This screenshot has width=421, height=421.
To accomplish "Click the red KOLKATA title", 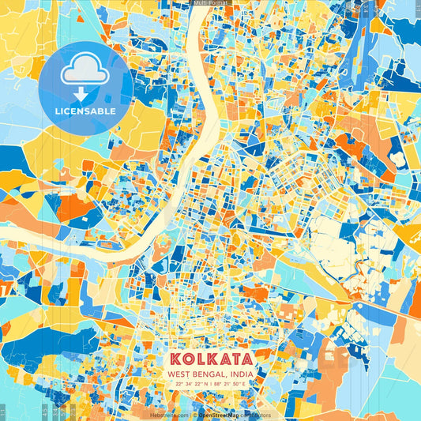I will (210, 359).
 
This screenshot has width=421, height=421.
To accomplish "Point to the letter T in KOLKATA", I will (235, 359).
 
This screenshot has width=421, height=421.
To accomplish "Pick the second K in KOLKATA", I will (209, 359).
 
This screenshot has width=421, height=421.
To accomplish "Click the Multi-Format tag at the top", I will (210, 4).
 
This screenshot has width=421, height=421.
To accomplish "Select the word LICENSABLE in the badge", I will (85, 111).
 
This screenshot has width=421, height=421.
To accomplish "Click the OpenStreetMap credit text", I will (220, 415).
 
